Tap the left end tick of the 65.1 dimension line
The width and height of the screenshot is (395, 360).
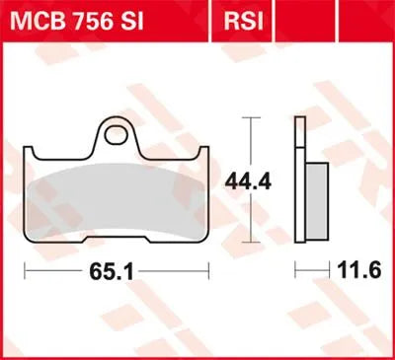click(26, 268)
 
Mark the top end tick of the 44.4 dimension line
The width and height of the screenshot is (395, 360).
click(255, 117)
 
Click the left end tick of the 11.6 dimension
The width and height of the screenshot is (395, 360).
click(294, 268)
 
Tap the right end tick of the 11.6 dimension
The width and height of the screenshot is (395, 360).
click(328, 268)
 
